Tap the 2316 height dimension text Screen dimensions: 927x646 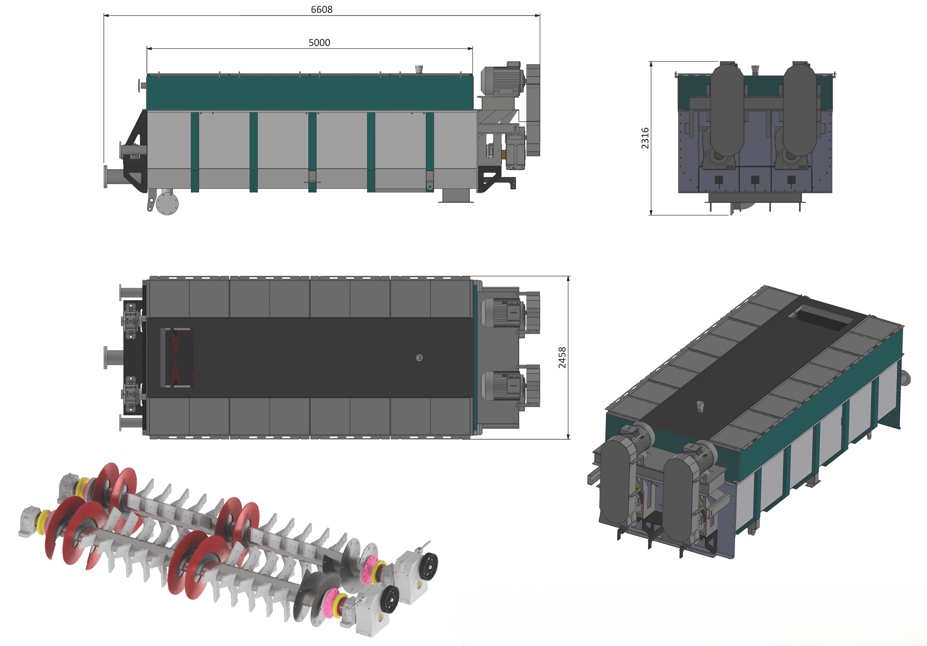point(645,138)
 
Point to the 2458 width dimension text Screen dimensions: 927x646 point(562,357)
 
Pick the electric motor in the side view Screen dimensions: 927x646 point(503,81)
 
